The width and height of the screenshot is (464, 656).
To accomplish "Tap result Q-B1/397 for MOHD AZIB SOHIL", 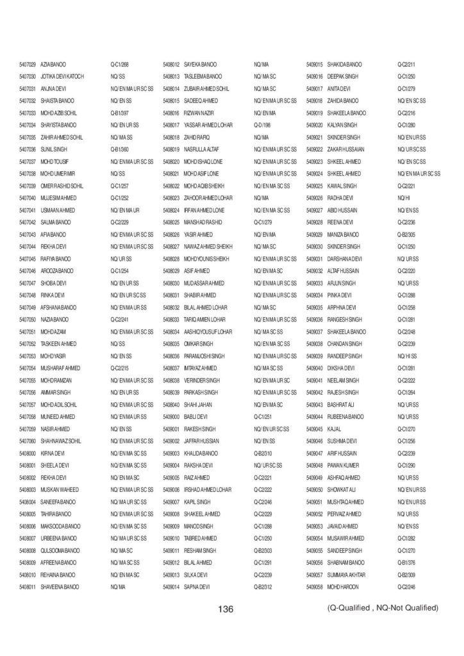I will [120, 113].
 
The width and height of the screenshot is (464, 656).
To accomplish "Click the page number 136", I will [226, 609].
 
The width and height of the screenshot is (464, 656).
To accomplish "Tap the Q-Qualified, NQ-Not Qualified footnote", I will [382, 607].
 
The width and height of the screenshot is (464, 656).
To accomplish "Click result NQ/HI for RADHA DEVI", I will [403, 197].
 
